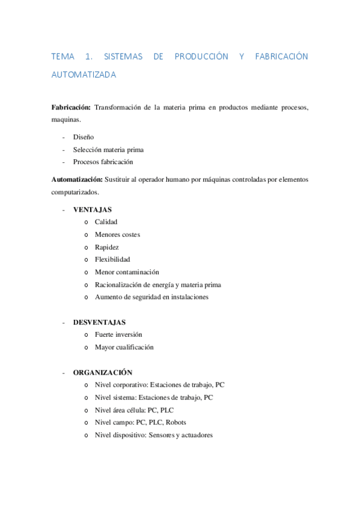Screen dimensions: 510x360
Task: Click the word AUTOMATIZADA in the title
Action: (x=84, y=76)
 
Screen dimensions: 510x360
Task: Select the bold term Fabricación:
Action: (x=71, y=107)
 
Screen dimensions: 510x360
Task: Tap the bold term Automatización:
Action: (x=77, y=179)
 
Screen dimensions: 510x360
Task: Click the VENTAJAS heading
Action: (x=92, y=209)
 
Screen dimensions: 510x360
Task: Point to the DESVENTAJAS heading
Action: (x=99, y=322)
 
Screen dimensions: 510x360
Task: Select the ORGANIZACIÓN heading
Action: (x=102, y=372)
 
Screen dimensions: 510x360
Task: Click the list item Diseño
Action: (x=84, y=137)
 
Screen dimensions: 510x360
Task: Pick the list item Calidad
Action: (x=106, y=222)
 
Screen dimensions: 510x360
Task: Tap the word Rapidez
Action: (x=106, y=247)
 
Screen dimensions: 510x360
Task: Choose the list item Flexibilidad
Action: (x=112, y=259)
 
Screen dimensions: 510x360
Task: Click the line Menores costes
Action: (x=117, y=235)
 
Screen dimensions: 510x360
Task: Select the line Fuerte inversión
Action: (x=118, y=334)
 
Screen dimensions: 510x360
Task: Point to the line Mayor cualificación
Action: (x=124, y=347)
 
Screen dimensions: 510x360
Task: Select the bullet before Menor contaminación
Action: (x=87, y=272)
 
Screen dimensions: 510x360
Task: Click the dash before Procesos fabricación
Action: (x=63, y=162)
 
